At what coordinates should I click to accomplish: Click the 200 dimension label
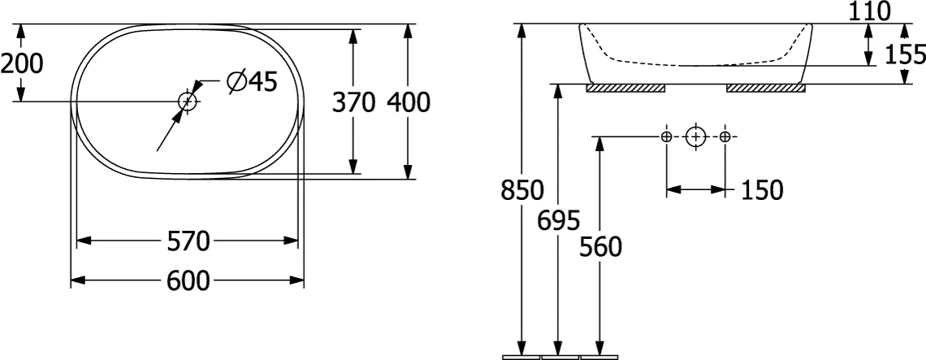point(22,63)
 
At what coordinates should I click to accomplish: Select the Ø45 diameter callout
point(252,81)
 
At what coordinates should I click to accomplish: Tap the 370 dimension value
point(353,102)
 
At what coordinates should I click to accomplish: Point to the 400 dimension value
point(409,102)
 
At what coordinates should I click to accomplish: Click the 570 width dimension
point(188,241)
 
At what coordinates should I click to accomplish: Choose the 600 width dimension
point(188,280)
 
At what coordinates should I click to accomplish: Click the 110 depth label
point(869,11)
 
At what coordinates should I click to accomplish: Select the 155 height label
point(906,55)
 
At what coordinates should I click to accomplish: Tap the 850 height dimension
point(522,190)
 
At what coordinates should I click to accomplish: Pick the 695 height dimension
point(559,220)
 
